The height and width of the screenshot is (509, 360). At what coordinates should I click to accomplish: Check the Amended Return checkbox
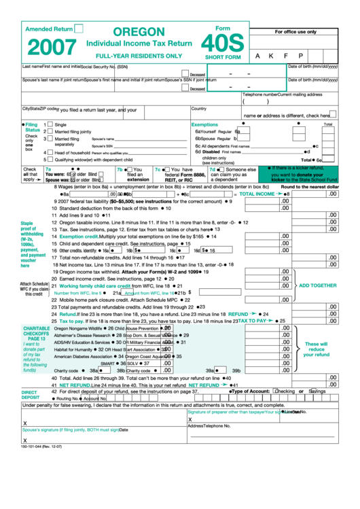[x=79, y=29]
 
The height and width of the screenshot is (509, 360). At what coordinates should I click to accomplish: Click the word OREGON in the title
[x=139, y=32]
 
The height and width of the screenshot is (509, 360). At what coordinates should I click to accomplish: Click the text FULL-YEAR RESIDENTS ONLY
[x=139, y=55]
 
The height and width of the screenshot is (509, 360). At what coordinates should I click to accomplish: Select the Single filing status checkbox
[x=48, y=125]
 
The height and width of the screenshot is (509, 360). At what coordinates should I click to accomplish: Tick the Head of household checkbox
[x=48, y=153]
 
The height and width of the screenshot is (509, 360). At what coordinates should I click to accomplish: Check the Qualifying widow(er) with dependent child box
[x=48, y=160]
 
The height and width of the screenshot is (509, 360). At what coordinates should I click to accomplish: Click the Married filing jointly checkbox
[x=48, y=132]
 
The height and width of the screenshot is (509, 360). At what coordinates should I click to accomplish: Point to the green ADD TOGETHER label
[x=319, y=285]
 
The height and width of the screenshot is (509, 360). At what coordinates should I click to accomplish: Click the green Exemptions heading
[x=204, y=125]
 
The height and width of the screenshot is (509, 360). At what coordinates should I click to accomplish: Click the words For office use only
[x=295, y=32]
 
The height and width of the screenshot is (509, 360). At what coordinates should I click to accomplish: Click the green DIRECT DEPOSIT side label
[x=30, y=395]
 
